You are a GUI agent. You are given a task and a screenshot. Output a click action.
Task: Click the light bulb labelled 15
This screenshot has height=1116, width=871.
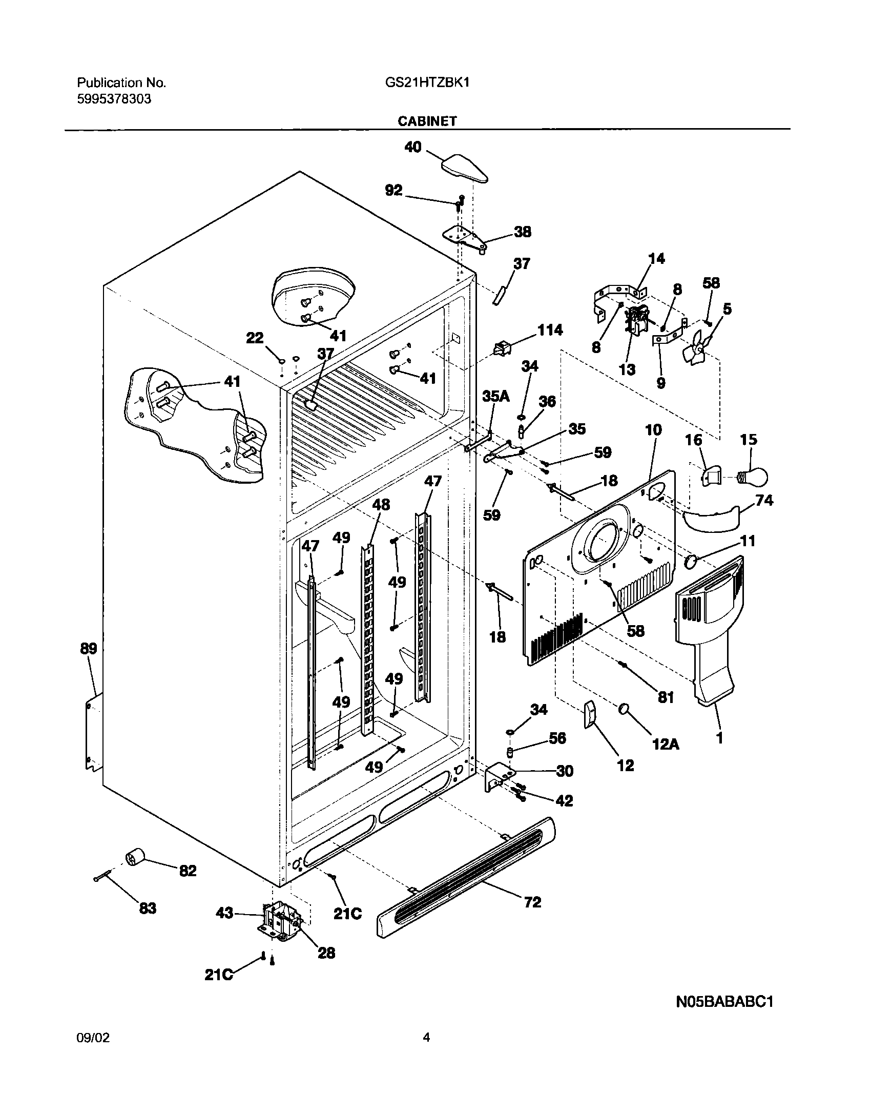[753, 478]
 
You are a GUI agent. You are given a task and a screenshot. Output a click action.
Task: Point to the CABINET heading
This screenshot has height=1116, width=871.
[427, 121]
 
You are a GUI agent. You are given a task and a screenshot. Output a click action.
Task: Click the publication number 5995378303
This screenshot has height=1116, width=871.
[114, 99]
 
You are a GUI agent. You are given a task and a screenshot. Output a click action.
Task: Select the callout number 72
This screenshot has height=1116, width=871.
[532, 902]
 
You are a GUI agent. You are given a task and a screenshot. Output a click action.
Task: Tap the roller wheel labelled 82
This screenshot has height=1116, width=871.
[135, 857]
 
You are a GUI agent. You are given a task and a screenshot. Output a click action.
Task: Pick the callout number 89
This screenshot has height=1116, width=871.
[88, 649]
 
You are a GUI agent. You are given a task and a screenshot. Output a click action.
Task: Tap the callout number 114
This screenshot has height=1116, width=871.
[549, 330]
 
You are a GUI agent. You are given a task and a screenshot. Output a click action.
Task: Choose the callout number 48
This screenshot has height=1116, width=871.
[381, 505]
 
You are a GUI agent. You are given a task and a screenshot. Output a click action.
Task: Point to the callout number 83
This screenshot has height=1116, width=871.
[147, 908]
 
